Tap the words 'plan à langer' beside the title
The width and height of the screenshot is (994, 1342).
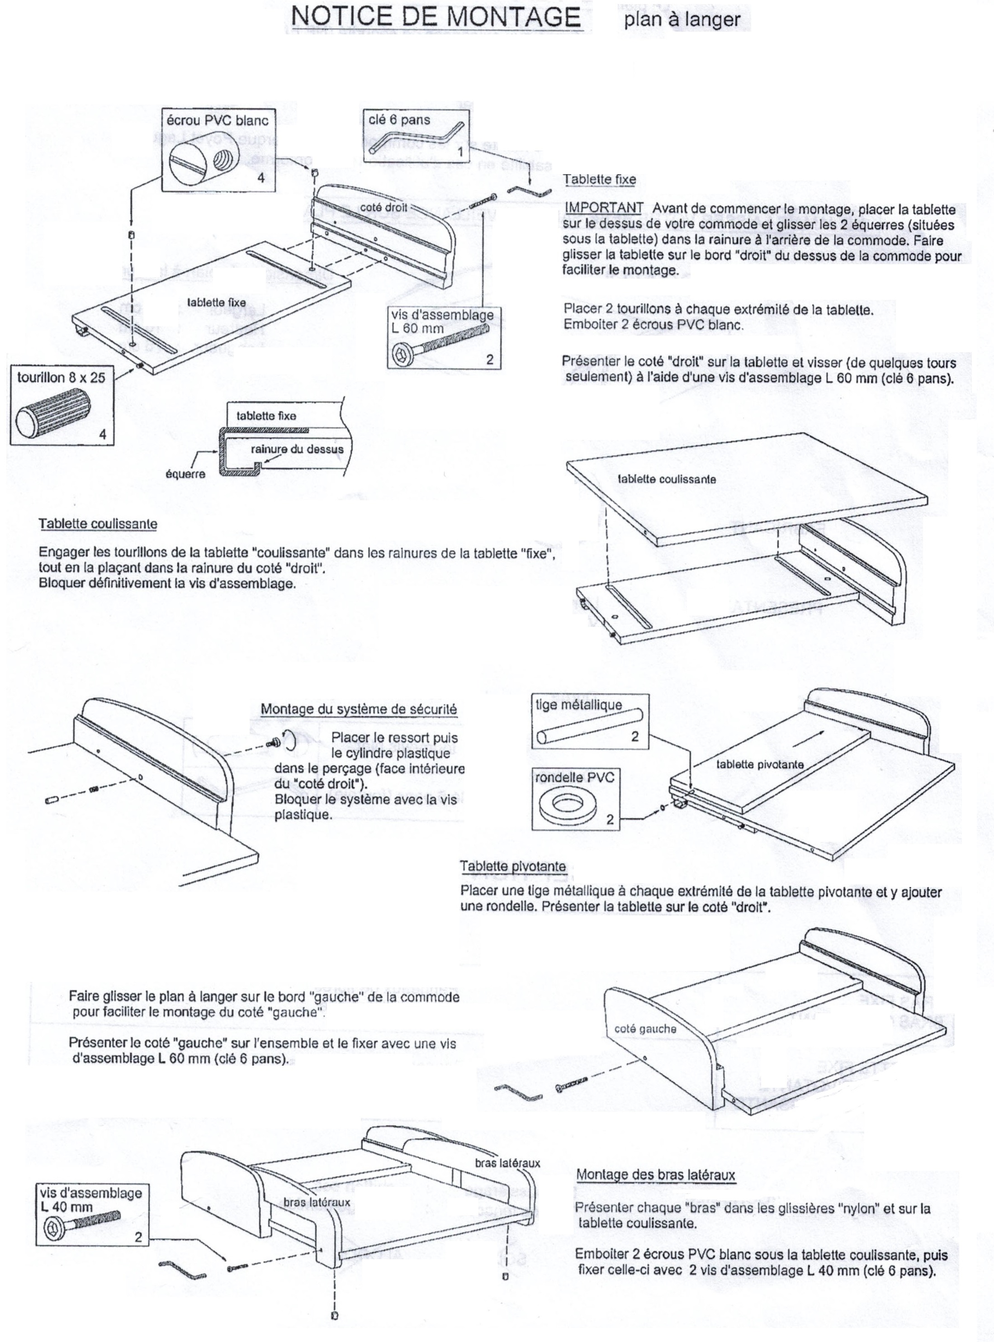(x=682, y=20)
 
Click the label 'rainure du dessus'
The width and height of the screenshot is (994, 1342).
(x=297, y=449)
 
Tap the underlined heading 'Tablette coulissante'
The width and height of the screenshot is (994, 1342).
(x=98, y=524)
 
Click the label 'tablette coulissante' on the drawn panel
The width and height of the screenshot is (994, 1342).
(x=667, y=479)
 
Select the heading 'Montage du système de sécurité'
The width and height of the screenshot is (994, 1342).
(x=359, y=709)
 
